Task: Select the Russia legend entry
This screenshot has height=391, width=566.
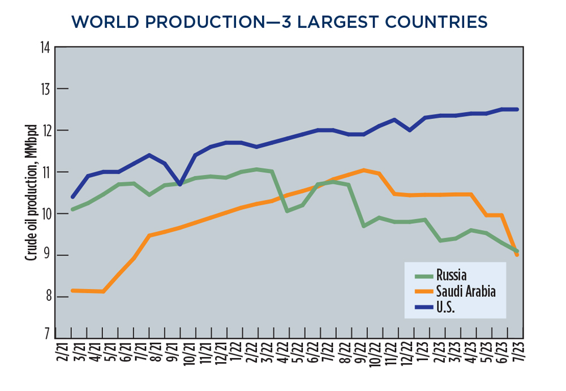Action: (x=451, y=276)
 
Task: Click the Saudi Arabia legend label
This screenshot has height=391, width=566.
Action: (x=465, y=292)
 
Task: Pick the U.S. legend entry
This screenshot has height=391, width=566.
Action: (x=445, y=308)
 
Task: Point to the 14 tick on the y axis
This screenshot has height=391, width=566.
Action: (x=44, y=48)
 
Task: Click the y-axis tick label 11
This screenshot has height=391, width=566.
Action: (x=44, y=172)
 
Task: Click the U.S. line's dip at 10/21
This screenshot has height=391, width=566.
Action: (x=180, y=184)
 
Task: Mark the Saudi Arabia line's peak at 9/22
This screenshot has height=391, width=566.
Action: (x=363, y=169)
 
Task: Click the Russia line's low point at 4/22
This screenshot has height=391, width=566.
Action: (x=288, y=211)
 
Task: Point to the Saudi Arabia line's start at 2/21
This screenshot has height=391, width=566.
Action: (x=72, y=290)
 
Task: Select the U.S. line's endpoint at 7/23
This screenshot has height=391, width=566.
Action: (x=516, y=109)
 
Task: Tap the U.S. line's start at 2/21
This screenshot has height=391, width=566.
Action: (x=72, y=197)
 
